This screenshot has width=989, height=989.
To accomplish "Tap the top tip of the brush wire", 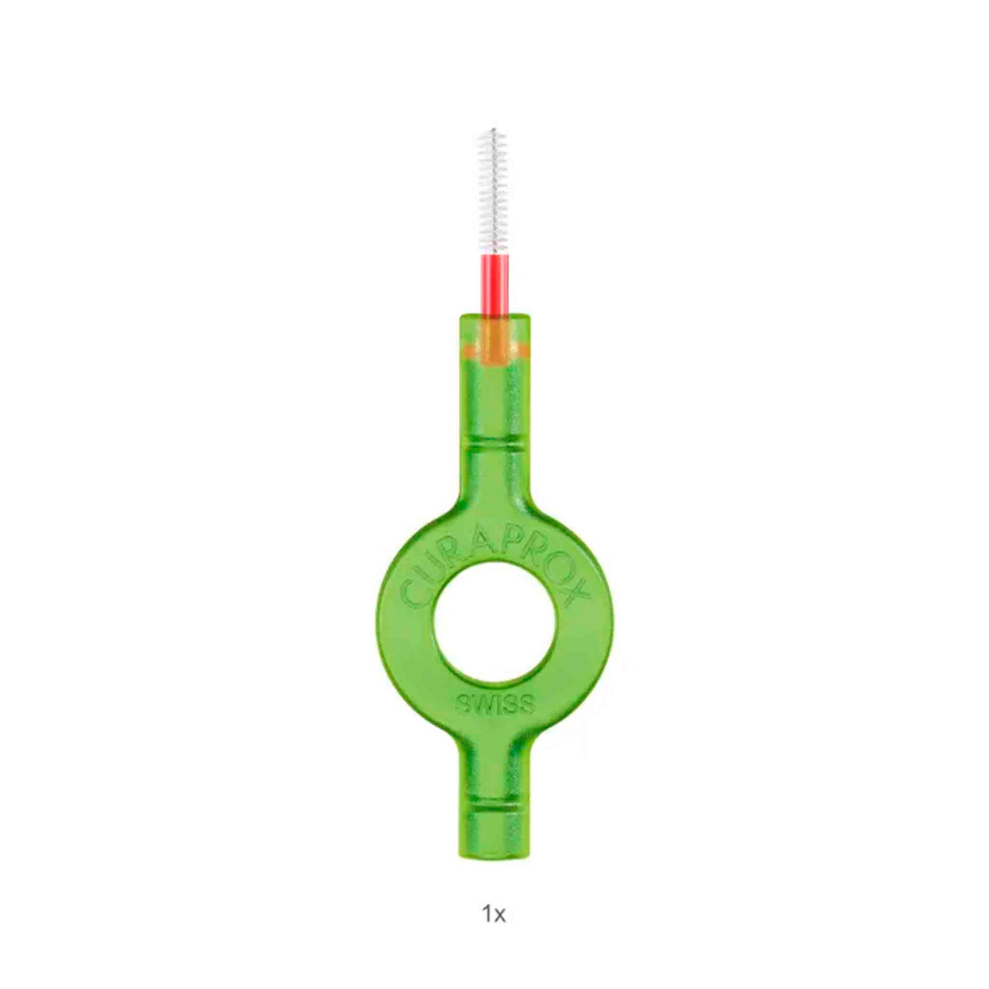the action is pos(494,128).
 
